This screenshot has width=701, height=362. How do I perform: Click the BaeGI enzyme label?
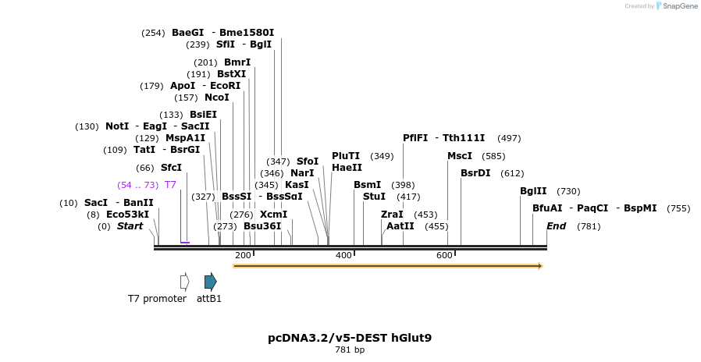187,33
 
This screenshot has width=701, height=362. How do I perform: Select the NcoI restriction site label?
217,98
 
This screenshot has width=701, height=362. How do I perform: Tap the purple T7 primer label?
170,185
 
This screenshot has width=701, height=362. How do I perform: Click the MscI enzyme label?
460,156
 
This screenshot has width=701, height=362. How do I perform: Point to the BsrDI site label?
475,173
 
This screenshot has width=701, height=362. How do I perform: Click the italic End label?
557,226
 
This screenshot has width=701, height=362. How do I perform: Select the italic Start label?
130,226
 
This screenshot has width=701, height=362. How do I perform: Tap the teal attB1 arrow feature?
210,282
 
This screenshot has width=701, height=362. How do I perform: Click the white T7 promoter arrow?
185,282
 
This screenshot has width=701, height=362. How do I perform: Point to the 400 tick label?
343,256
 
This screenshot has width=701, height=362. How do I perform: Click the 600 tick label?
444,256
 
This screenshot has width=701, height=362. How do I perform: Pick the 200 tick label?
243,256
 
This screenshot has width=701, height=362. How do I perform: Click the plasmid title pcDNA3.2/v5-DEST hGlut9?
350,338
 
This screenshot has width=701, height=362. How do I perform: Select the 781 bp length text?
350,350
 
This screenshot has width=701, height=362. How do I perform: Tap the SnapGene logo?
677,6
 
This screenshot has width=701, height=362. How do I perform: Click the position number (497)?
509,138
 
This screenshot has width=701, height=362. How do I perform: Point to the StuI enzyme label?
374,197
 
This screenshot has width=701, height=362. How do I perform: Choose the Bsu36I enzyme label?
262,226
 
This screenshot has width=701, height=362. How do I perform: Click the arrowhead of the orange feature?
539,266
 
